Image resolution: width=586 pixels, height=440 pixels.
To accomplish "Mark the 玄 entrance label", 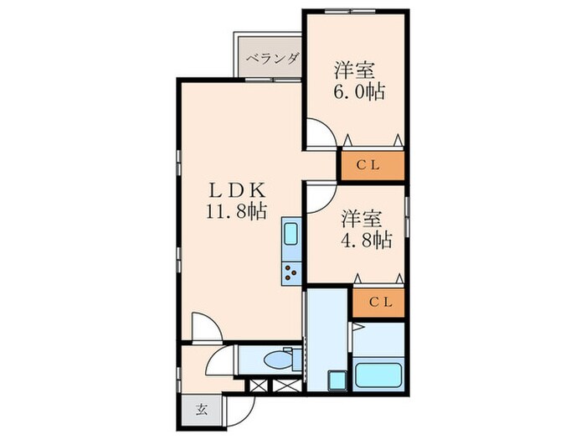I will [202, 410].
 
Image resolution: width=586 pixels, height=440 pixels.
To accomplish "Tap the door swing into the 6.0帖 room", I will [318, 132].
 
